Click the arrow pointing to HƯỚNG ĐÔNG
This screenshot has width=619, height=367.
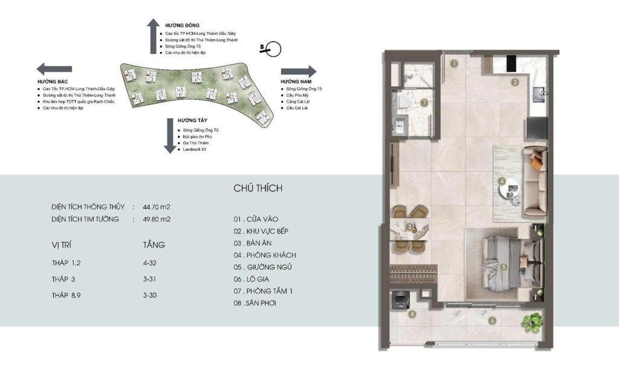click(153, 36)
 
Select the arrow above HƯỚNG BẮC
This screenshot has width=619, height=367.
click(54, 69)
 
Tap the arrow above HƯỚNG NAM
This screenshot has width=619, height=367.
click(299, 71)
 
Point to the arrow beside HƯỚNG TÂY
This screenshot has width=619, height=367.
click(170, 136)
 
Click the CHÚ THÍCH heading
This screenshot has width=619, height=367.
click(258, 188)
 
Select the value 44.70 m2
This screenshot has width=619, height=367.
click(157, 207)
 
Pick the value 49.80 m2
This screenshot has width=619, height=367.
click(157, 219)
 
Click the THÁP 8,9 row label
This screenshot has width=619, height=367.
click(66, 295)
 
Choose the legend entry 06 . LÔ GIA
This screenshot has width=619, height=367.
click(251, 279)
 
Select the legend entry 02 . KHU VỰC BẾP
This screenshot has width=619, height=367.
click(261, 231)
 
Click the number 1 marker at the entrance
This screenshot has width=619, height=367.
click(455, 63)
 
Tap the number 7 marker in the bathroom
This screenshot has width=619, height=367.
click(424, 103)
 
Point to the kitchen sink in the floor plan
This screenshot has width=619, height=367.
click(539, 94)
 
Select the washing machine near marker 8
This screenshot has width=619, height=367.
click(400, 299)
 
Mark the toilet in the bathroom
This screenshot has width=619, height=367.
click(403, 101)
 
